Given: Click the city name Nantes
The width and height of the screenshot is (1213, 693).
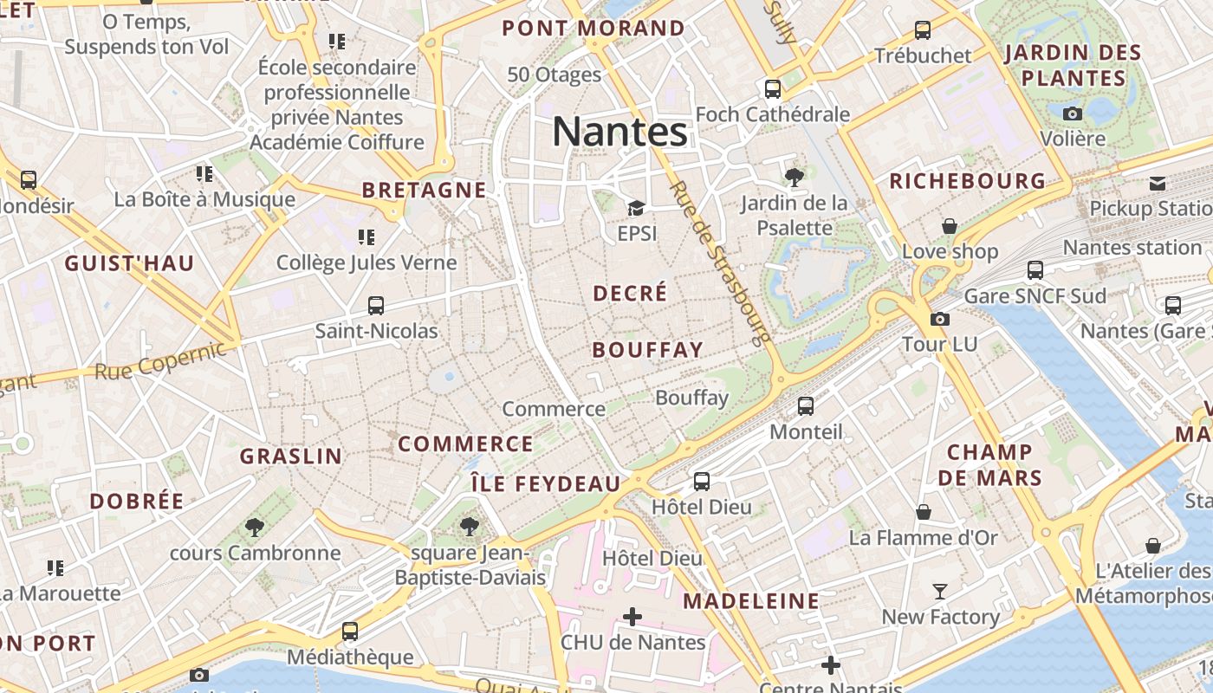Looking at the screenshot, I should [x=619, y=132].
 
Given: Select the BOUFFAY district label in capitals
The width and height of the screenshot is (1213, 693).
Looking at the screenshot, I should [x=647, y=350].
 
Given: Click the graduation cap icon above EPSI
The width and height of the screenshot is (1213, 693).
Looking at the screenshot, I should [x=636, y=208].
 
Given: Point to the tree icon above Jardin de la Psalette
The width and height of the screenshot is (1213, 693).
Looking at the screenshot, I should [x=794, y=178].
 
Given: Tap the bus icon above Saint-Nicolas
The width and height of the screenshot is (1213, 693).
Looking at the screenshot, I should [x=376, y=305].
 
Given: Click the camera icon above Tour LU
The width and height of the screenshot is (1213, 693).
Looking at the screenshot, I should [x=939, y=319].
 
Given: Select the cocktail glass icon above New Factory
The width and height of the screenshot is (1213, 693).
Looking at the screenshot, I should [x=940, y=592].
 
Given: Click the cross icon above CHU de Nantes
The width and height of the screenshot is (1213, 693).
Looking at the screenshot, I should [x=632, y=617].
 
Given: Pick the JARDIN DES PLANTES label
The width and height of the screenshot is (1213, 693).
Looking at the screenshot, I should [x=1073, y=65].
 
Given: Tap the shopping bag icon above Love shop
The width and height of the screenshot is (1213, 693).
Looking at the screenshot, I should [x=950, y=226].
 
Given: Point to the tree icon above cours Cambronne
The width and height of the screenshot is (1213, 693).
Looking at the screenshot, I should [x=254, y=527].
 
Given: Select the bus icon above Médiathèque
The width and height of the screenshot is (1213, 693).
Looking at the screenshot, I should [x=350, y=631].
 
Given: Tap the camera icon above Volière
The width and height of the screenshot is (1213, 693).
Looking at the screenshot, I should [x=1073, y=113].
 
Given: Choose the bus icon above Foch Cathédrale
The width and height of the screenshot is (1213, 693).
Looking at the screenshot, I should [x=772, y=88].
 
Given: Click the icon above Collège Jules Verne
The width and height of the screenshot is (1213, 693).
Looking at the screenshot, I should [x=366, y=236].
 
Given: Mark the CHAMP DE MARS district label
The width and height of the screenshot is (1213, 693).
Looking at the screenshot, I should [x=989, y=464].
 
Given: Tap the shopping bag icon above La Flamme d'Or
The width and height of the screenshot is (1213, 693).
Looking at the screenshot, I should [x=923, y=512].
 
